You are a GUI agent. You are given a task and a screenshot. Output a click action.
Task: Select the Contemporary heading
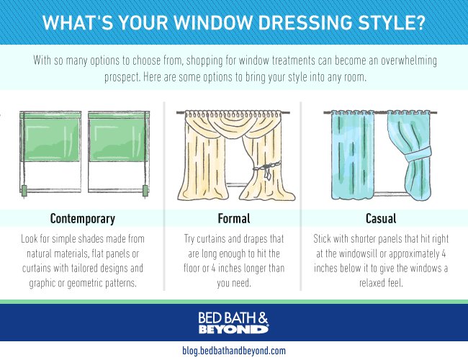point(83,219)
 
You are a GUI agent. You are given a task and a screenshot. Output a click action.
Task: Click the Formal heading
point(234,218)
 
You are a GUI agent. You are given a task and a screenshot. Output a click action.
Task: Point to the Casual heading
point(381,218)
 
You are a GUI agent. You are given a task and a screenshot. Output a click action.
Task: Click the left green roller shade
point(51,138)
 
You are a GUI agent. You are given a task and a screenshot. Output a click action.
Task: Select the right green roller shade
point(117,138)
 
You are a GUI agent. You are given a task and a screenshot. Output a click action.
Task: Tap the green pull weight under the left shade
point(24,191)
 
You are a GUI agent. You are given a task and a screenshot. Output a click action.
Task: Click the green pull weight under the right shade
point(145,191)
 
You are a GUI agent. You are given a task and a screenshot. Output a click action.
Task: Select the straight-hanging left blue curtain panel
point(353,156)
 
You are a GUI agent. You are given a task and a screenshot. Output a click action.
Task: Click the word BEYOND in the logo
point(234,329)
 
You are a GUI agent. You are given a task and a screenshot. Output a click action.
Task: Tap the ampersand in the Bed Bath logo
point(263,318)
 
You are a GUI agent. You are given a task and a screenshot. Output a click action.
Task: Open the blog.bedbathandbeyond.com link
point(234,351)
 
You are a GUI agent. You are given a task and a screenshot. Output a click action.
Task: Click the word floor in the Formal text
point(192,269)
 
